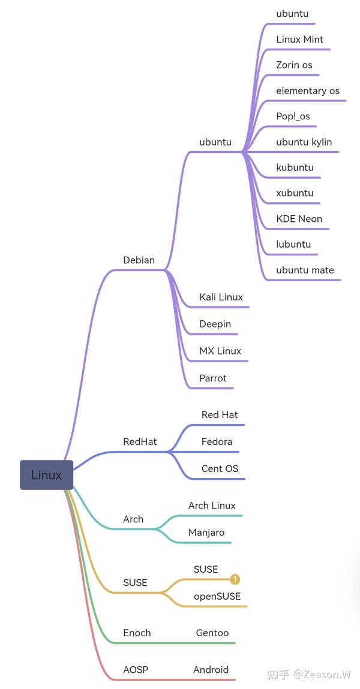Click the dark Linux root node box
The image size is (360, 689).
pyautogui.click(x=46, y=475)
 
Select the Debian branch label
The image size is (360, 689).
pyautogui.click(x=139, y=260)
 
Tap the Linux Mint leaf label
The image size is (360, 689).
pyautogui.click(x=299, y=40)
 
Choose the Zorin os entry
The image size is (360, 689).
pyautogui.click(x=294, y=65)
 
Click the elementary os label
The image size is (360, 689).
pyautogui.click(x=308, y=91)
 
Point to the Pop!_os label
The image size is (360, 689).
pyautogui.click(x=293, y=116)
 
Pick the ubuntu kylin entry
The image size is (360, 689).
pyautogui.click(x=304, y=142)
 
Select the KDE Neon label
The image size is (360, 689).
pyautogui.click(x=299, y=219)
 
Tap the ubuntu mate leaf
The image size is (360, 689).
pyautogui.click(x=305, y=270)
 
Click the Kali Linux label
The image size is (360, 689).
pyautogui.click(x=221, y=297)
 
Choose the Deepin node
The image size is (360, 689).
pyautogui.click(x=215, y=324)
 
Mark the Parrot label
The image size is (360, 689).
pyautogui.click(x=213, y=378)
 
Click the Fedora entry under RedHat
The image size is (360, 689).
pyautogui.click(x=217, y=441)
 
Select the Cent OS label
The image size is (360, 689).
pyautogui.click(x=220, y=468)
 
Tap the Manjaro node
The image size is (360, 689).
pyautogui.click(x=206, y=532)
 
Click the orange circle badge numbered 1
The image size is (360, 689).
pyautogui.click(x=235, y=579)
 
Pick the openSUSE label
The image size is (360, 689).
pyautogui.click(x=217, y=596)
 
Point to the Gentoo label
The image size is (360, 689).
pyautogui.click(x=212, y=633)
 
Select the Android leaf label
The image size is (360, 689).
pyautogui.click(x=211, y=670)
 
